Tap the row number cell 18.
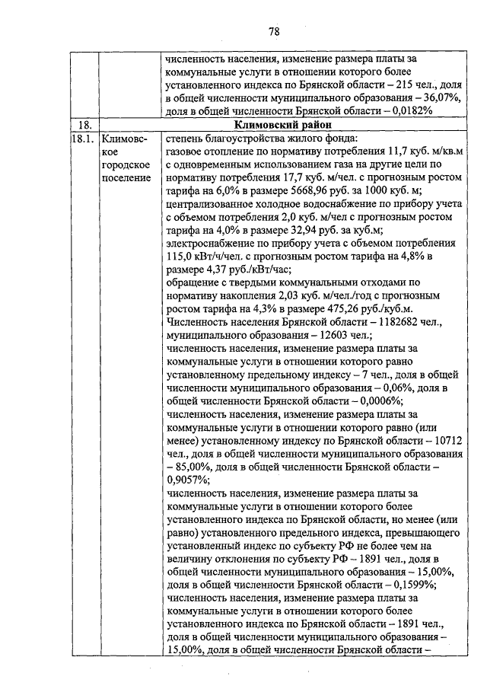point(85,124)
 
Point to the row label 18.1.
point(83,139)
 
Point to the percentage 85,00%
point(187,466)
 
